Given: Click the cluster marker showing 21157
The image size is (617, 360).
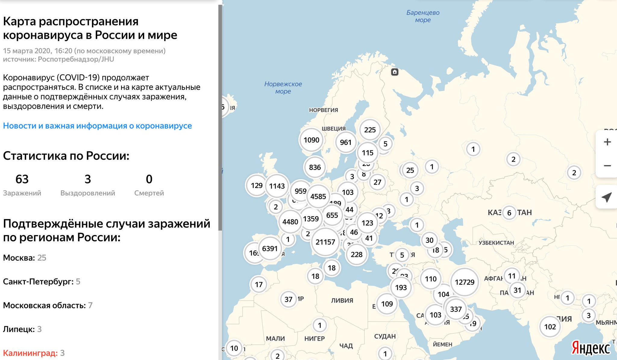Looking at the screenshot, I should coord(325,242).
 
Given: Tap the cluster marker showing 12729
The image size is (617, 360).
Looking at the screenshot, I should coord(464,282).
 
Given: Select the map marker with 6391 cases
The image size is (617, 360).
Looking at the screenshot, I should coord(270,249).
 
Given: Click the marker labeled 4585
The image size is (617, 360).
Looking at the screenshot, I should coord(318,196).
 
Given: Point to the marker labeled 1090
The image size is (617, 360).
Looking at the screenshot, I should coord(311,140).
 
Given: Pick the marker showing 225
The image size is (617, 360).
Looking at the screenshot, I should coord(370,130).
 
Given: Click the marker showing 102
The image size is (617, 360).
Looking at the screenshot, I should coord(550,327).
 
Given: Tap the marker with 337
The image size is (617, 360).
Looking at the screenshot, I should coord(456,309).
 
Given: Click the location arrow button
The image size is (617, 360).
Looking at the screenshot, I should coord(606,197).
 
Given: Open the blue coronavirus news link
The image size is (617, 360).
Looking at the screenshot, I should coord(97,126).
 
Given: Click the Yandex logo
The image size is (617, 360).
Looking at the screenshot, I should coord(590,348).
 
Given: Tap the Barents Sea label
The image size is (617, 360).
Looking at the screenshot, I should coord(423,16).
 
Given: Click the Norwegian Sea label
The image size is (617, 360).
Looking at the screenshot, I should coord(283,87).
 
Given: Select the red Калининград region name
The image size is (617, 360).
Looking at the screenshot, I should coord(30,353).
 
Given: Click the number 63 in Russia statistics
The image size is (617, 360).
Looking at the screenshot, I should coord(22,179).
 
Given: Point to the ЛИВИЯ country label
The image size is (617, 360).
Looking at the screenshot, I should coord(342,300).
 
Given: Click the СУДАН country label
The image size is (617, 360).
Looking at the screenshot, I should coord(385,336).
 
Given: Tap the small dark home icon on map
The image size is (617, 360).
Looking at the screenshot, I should coord(395,72).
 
